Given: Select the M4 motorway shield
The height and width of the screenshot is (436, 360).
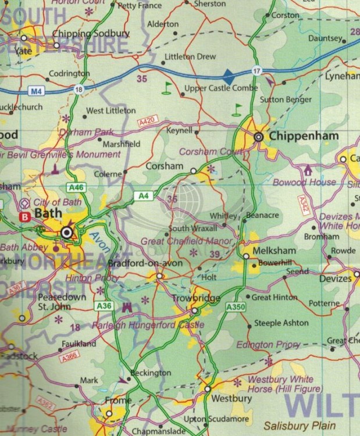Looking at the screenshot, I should pyautogui.click(x=36, y=92).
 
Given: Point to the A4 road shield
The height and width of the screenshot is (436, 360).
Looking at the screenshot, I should pyautogui.click(x=143, y=196).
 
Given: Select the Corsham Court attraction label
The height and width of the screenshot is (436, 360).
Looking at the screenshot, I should pyautogui.click(x=210, y=152).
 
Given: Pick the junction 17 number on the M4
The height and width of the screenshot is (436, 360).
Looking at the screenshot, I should pyautogui.click(x=256, y=71).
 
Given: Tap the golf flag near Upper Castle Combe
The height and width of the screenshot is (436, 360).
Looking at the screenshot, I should pyautogui.click(x=168, y=88).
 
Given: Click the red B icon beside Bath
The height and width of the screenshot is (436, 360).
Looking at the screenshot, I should pyautogui.click(x=24, y=216).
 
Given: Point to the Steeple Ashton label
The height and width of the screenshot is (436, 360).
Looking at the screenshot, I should pyautogui.click(x=282, y=323).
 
